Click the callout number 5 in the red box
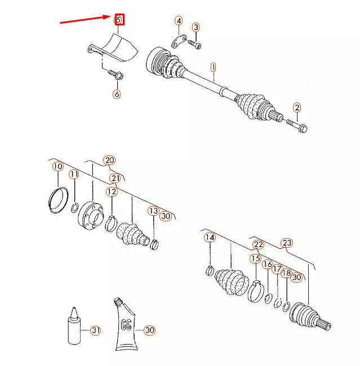119,20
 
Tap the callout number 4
179,21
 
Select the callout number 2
297,108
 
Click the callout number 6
117,94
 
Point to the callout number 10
58,167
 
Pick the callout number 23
287,243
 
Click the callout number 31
96,331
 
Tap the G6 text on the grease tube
126,325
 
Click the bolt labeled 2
296,126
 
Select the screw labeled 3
194,44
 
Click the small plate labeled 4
179,41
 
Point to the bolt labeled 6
115,74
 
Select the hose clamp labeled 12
111,224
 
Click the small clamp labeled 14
210,270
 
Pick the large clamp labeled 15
256,291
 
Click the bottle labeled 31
74,326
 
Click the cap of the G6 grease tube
118,301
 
